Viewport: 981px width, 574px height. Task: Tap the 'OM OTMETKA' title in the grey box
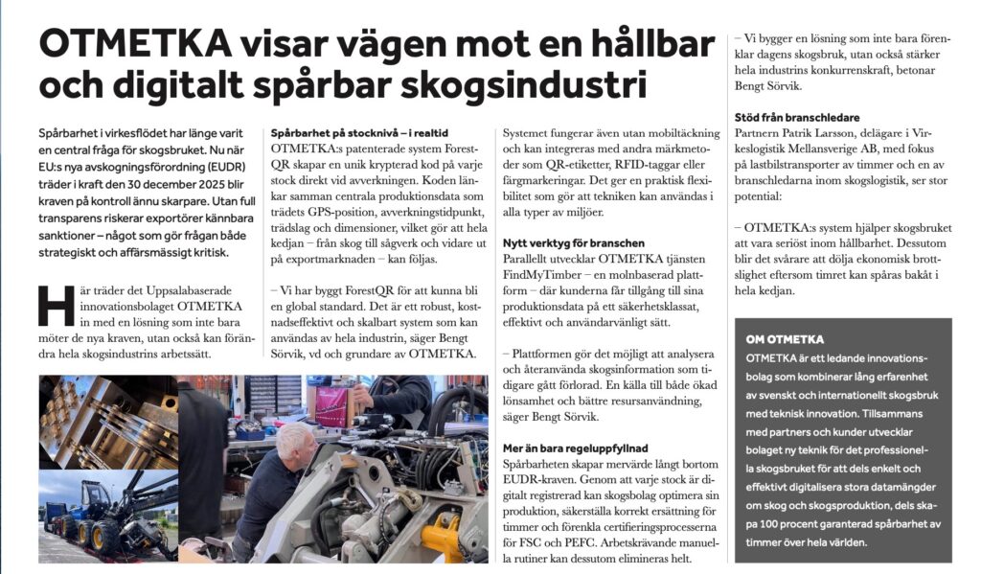[785, 339]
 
